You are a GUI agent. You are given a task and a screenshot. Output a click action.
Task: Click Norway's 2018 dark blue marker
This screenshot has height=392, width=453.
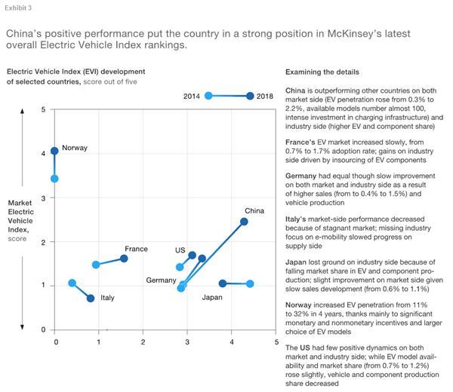click(54, 151)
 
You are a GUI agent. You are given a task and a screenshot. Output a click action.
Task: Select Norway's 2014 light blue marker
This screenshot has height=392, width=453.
click(54, 179)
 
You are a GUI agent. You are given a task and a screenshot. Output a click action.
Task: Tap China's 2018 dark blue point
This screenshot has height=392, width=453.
click(244, 222)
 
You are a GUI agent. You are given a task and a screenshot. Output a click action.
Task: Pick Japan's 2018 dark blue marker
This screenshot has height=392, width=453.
click(223, 283)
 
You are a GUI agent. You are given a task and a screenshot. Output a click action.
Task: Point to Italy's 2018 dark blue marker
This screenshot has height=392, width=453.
click(91, 298)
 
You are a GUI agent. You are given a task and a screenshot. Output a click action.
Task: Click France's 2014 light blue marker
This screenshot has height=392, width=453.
click(96, 265)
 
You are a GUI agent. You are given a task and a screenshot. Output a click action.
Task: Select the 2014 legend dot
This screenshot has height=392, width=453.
click(208, 96)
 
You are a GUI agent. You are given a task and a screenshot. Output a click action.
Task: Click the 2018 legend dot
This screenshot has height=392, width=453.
click(250, 96)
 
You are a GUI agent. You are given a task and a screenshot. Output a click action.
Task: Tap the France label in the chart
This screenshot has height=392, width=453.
click(136, 250)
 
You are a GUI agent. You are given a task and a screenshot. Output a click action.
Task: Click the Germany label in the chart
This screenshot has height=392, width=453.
click(162, 280)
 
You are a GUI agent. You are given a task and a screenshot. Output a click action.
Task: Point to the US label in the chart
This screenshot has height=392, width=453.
click(180, 250)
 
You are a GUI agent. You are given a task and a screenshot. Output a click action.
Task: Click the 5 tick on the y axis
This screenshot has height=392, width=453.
click(44, 110)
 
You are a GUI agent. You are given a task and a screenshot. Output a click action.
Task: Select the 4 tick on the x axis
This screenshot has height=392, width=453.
click(232, 342)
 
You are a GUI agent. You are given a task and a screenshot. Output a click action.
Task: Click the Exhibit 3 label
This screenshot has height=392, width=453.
click(17, 8)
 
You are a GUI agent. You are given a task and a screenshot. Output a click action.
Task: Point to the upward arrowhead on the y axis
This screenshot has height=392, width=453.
click(22, 113)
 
